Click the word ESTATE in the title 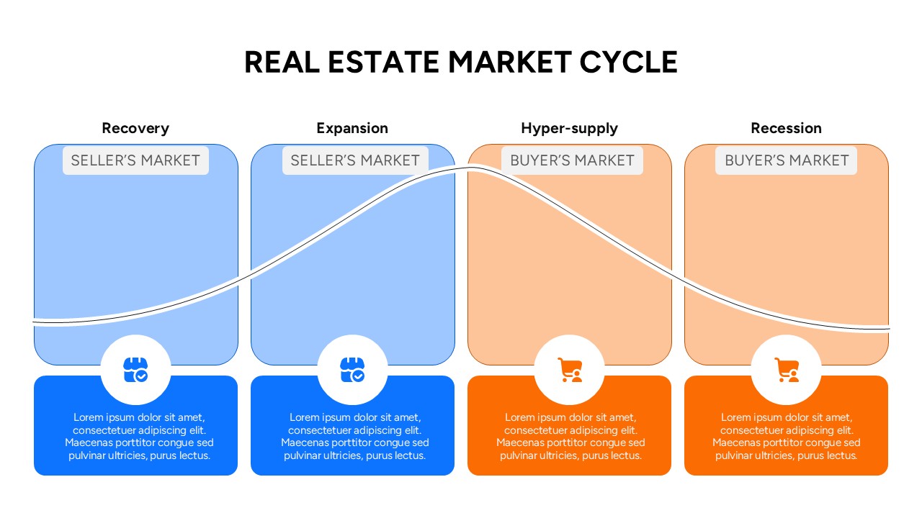[383, 62]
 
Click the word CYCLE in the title [629, 62]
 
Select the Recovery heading [135, 128]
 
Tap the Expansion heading [352, 128]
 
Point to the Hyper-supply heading [569, 128]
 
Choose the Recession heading [786, 128]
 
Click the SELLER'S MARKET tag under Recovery [135, 160]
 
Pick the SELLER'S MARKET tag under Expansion [355, 160]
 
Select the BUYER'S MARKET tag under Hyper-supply [572, 160]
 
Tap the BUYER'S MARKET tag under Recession [786, 160]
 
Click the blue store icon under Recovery [135, 370]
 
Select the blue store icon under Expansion [352, 370]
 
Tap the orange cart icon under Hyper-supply [570, 370]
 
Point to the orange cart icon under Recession [787, 370]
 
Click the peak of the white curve [471, 168]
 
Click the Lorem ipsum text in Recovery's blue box [139, 436]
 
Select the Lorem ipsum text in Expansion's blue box [355, 436]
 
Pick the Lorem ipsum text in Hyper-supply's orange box [570, 436]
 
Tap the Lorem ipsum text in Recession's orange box [786, 436]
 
